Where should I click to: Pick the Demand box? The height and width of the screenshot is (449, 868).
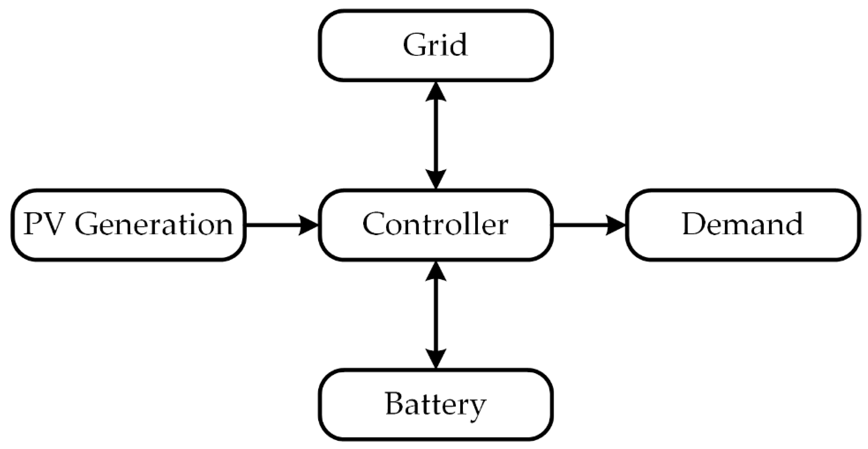coord(743,225)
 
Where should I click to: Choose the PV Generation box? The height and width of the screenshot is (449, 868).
coord(128,225)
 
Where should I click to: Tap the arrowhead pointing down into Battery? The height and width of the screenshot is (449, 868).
coord(436,358)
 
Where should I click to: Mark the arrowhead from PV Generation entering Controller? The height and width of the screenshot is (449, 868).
coord(308,225)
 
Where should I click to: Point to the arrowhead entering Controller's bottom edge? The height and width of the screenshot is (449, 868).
coord(436,271)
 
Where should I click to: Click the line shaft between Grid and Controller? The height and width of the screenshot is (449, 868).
coord(436,135)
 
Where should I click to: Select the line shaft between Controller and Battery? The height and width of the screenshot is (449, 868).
coord(436,315)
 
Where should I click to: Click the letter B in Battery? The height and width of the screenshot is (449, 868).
coord(395,404)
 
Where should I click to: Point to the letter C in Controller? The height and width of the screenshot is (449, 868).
coord(373,224)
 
